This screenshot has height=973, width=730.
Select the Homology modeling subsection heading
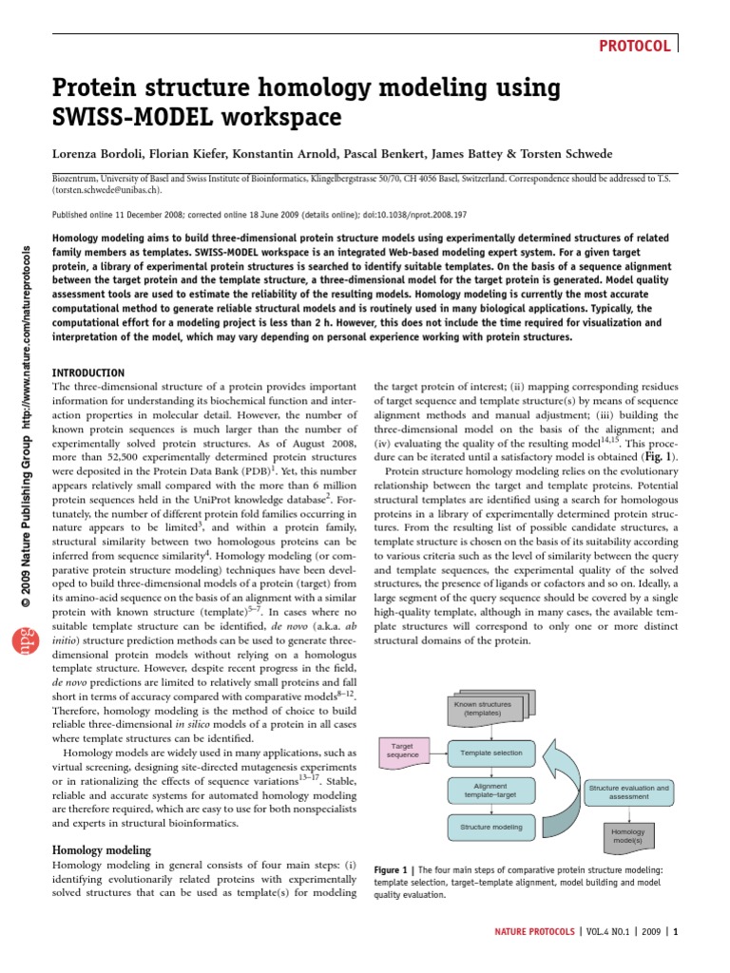[101, 849]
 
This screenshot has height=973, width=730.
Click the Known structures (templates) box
[482, 708]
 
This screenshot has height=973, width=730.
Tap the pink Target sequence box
[402, 750]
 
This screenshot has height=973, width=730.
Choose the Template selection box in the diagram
[490, 753]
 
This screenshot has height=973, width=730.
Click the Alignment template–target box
[490, 790]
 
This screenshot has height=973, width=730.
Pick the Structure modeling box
[490, 827]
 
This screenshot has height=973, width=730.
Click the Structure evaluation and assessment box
[628, 792]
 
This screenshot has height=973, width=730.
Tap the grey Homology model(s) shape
[627, 836]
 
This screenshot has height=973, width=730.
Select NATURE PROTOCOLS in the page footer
[533, 932]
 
